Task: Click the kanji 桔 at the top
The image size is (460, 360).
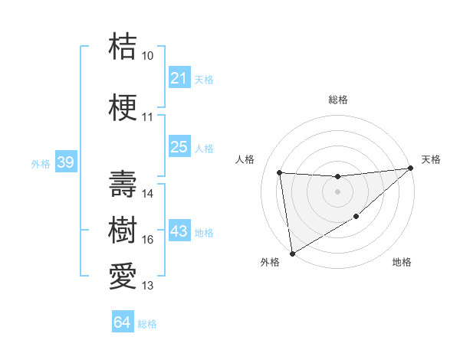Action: click(123, 47)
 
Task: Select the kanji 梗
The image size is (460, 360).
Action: click(123, 108)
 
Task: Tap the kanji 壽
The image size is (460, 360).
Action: click(123, 185)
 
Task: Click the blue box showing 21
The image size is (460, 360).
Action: click(179, 78)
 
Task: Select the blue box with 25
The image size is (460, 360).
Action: click(179, 147)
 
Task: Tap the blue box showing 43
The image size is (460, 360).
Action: click(179, 231)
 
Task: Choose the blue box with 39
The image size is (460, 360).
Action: click(64, 163)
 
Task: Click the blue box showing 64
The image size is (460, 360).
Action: click(122, 322)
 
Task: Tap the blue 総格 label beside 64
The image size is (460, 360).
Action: click(147, 324)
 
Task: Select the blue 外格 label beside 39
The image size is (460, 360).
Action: click(40, 164)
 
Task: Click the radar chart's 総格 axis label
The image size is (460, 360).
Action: click(337, 100)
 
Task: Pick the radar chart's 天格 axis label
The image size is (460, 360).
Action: click(431, 159)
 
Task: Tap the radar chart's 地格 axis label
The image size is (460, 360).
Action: click(402, 263)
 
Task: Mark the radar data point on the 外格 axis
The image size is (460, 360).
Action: click(291, 254)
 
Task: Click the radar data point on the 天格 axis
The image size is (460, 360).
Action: click(410, 169)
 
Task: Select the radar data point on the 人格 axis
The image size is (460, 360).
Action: click(280, 172)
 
